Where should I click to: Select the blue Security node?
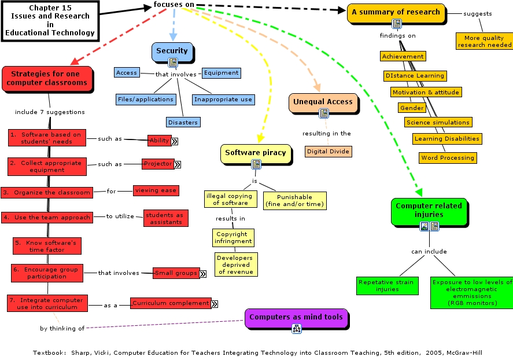172,51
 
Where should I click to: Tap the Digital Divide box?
329,151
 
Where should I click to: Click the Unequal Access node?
323,102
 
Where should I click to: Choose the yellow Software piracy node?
255,153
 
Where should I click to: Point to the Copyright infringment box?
232,238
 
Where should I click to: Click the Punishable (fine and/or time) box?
294,200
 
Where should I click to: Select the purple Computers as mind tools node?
296,317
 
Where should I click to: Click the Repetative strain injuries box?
386,285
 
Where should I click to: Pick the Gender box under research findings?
412,108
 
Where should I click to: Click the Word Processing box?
448,157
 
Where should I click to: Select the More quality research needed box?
484,41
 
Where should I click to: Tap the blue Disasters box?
183,122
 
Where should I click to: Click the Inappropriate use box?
223,99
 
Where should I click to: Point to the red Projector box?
158,164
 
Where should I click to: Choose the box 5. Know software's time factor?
47,245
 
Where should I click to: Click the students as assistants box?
166,218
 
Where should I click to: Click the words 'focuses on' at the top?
174,5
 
